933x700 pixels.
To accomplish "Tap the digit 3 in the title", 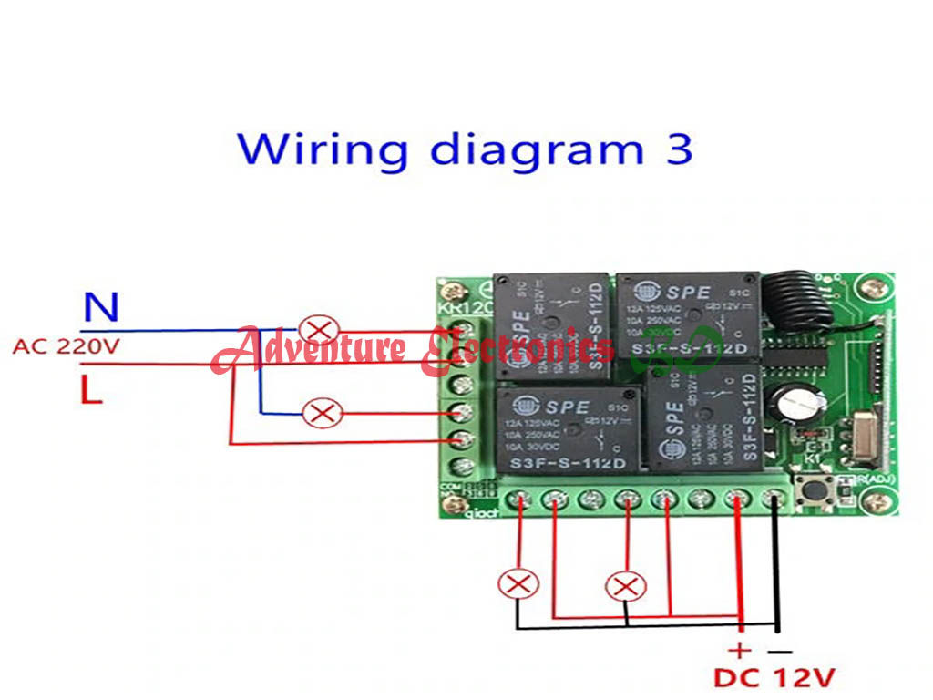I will click(679, 149).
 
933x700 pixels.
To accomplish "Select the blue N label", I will click(101, 308).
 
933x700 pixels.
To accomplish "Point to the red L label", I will click(90, 391).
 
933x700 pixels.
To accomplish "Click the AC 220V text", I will click(66, 347).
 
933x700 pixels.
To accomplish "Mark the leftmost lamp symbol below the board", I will click(519, 583).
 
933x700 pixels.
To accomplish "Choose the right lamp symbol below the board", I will click(626, 583).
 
